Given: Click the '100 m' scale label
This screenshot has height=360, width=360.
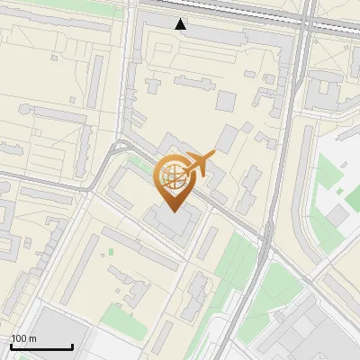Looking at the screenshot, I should click(24, 338).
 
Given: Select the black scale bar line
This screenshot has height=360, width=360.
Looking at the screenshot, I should click(41, 347).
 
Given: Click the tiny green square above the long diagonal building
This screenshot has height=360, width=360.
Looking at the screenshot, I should click(112, 252).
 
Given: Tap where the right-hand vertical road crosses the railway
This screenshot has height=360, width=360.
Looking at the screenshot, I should click(307, 24).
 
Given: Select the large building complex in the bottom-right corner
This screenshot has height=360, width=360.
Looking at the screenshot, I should click(315, 328).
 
